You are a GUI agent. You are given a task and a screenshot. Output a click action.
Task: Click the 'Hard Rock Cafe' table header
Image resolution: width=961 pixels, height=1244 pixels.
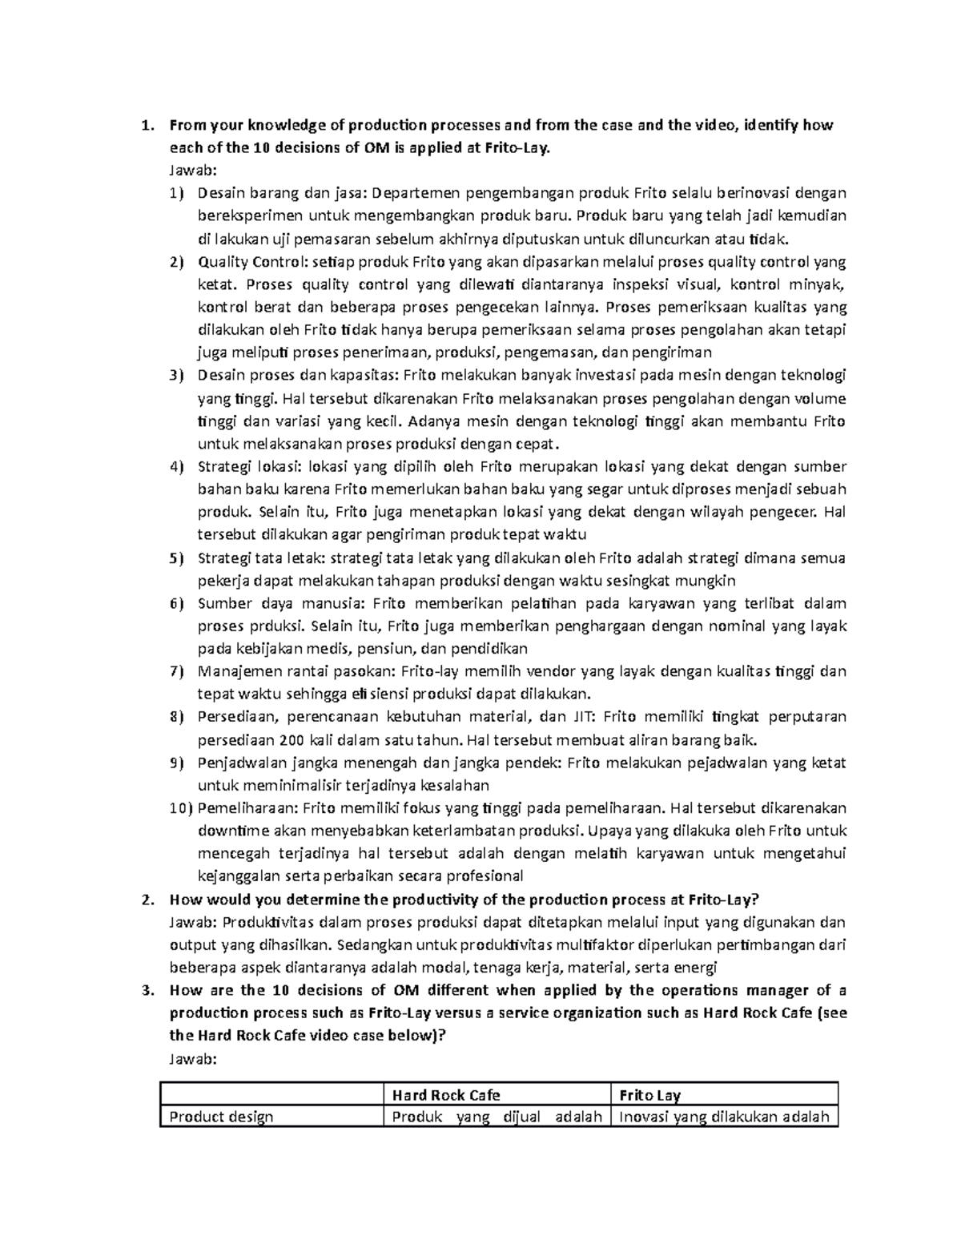click(445, 1095)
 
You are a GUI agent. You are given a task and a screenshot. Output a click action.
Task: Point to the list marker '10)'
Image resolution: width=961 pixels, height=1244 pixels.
click(182, 807)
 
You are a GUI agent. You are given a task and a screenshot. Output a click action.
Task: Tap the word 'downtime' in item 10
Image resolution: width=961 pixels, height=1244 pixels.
click(231, 830)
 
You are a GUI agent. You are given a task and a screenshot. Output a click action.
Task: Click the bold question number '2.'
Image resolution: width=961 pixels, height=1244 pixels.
click(146, 899)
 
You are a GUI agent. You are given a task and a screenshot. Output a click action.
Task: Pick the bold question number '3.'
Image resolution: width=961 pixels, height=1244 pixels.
click(146, 989)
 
